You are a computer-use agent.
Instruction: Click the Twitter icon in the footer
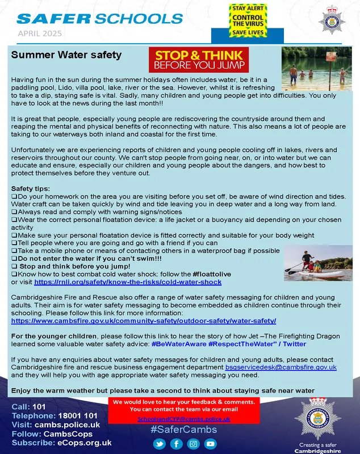[x=159, y=444]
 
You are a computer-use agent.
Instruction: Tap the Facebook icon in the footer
[x=177, y=444]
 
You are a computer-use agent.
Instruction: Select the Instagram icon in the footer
[x=194, y=444]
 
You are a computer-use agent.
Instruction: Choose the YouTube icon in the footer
[x=211, y=444]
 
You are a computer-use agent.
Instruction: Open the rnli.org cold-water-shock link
[x=128, y=281]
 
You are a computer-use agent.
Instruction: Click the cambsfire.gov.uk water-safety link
[x=144, y=321]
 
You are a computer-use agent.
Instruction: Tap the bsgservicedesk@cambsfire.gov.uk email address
[x=281, y=367]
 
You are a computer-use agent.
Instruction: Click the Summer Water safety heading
[x=66, y=55]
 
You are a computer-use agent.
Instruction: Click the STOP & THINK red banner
[x=199, y=60]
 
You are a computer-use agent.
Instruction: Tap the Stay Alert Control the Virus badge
[x=248, y=20]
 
